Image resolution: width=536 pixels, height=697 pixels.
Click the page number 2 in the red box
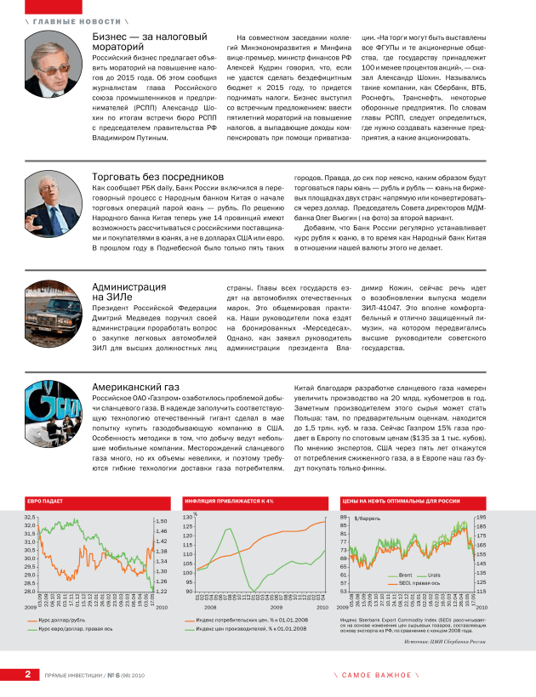point(27,674)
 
